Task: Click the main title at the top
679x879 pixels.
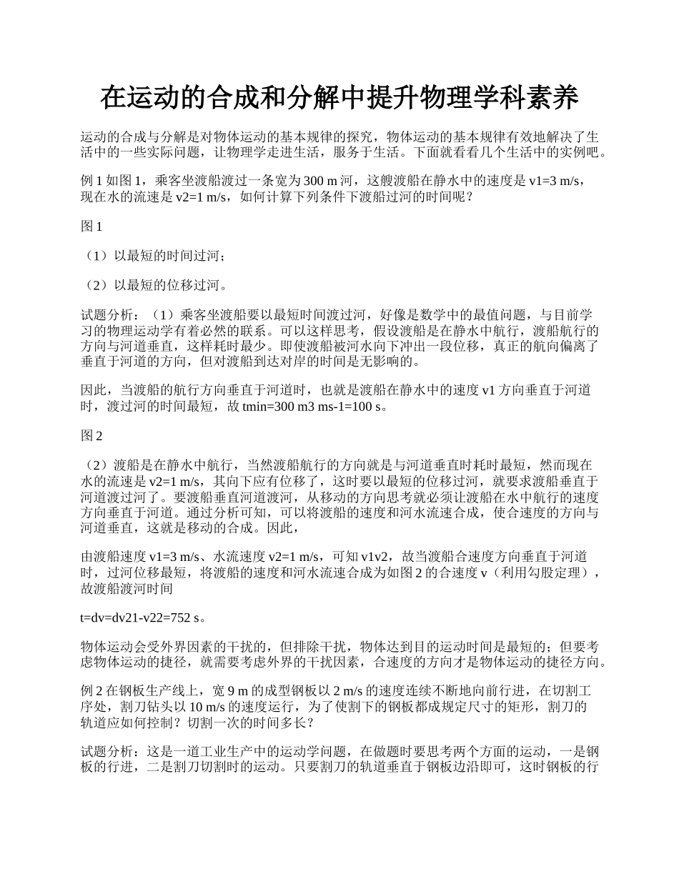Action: click(x=339, y=98)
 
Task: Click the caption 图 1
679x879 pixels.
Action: click(x=92, y=227)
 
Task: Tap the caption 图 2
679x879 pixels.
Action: click(x=92, y=436)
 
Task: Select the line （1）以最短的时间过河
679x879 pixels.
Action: click(x=157, y=256)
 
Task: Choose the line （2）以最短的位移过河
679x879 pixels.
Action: click(x=157, y=285)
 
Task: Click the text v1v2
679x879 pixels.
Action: click(x=376, y=556)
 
